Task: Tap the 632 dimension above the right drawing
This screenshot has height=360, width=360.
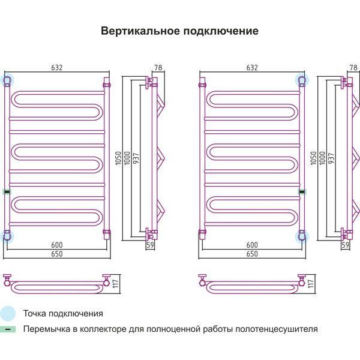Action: click(x=252, y=67)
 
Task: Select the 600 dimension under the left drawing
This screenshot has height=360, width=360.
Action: click(x=57, y=245)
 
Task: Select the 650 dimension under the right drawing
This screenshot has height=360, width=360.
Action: click(x=252, y=254)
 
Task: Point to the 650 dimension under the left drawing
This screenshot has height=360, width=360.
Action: click(x=57, y=254)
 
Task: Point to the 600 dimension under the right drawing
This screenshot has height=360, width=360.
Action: click(x=252, y=245)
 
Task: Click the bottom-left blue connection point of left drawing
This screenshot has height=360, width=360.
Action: click(x=7, y=236)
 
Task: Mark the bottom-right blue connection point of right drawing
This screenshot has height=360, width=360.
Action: click(x=301, y=236)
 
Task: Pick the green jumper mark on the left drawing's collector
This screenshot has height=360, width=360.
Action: click(x=7, y=191)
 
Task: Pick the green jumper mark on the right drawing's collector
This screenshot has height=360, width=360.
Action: click(x=301, y=191)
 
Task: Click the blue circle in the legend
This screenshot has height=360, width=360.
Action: click(x=7, y=313)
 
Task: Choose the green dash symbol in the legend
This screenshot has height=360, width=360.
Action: click(x=7, y=329)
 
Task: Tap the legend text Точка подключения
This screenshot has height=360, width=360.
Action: click(x=63, y=313)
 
